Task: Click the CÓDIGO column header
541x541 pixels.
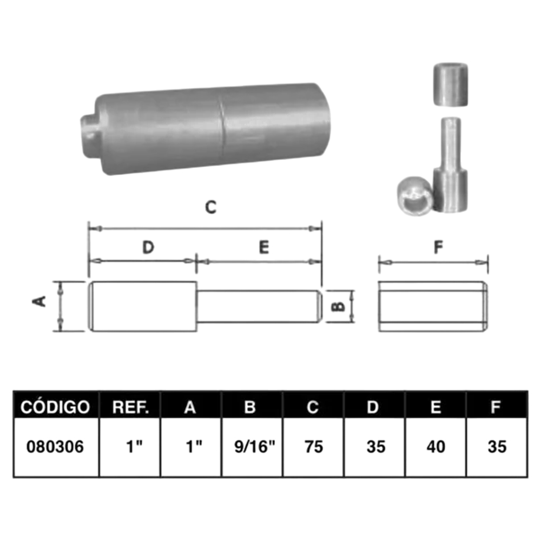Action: (55, 407)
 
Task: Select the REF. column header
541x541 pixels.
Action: (130, 407)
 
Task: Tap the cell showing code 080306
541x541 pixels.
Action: (55, 447)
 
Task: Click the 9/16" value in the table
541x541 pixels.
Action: (255, 446)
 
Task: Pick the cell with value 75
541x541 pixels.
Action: (314, 447)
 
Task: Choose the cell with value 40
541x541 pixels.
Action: (436, 447)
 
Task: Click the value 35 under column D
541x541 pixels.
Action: (376, 447)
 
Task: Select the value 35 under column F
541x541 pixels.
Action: (497, 447)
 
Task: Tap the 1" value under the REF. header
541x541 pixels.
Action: (134, 446)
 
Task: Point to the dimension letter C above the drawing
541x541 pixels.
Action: (211, 207)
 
